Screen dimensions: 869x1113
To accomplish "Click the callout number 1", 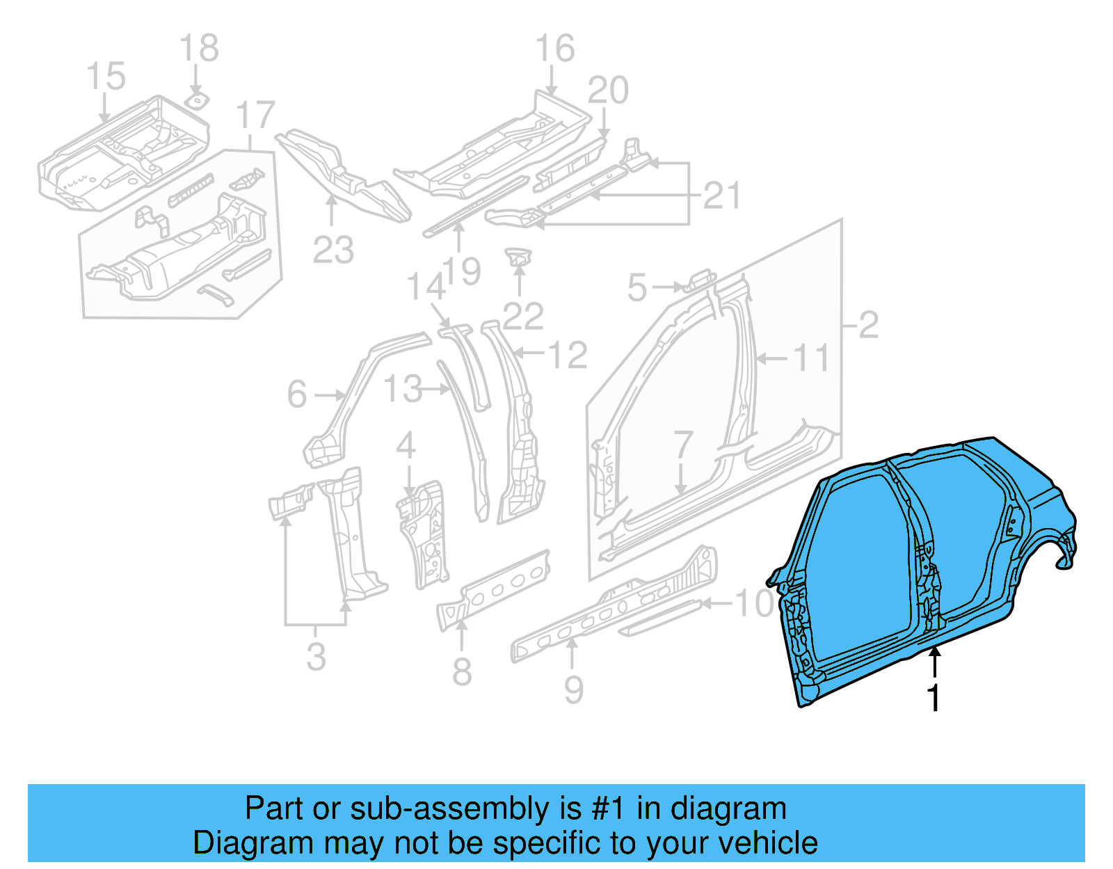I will pyautogui.click(x=934, y=698).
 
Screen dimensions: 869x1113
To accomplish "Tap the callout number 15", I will pyautogui.click(x=106, y=76).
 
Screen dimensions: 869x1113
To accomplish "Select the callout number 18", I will pyautogui.click(x=199, y=49).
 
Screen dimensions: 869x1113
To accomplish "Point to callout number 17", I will pyautogui.click(x=255, y=115).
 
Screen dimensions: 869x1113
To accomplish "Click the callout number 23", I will pyautogui.click(x=333, y=250).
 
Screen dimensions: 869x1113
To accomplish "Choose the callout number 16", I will pyautogui.click(x=554, y=49).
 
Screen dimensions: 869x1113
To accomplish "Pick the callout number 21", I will pyautogui.click(x=721, y=196).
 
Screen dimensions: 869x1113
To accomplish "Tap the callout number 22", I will pyautogui.click(x=522, y=317).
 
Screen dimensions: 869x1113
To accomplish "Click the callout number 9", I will pyautogui.click(x=573, y=689).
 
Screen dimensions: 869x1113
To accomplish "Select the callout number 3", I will pyautogui.click(x=316, y=657).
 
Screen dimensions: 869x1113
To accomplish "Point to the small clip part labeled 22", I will pyautogui.click(x=518, y=256).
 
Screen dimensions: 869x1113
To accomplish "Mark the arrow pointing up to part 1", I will pyautogui.click(x=935, y=661).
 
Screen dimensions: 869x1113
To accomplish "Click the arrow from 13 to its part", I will pyautogui.click(x=438, y=390).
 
